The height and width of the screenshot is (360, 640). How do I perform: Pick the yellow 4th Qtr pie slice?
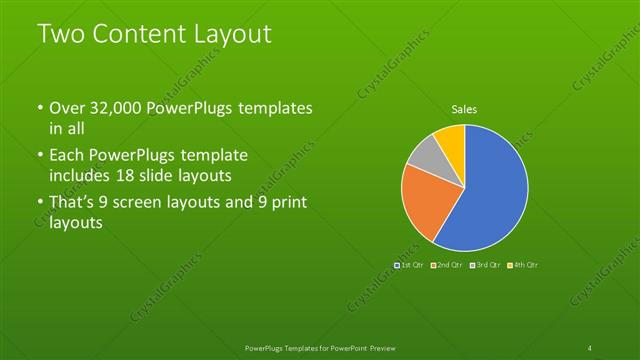[451, 141]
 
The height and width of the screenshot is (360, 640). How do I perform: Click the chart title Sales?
[463, 109]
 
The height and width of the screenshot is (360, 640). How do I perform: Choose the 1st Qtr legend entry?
[411, 265]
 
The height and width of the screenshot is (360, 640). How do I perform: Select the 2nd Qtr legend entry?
[449, 265]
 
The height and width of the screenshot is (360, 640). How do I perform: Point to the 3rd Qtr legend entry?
[486, 265]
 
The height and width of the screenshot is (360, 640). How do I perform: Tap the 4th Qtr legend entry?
[523, 265]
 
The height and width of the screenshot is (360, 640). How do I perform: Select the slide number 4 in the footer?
[590, 348]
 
